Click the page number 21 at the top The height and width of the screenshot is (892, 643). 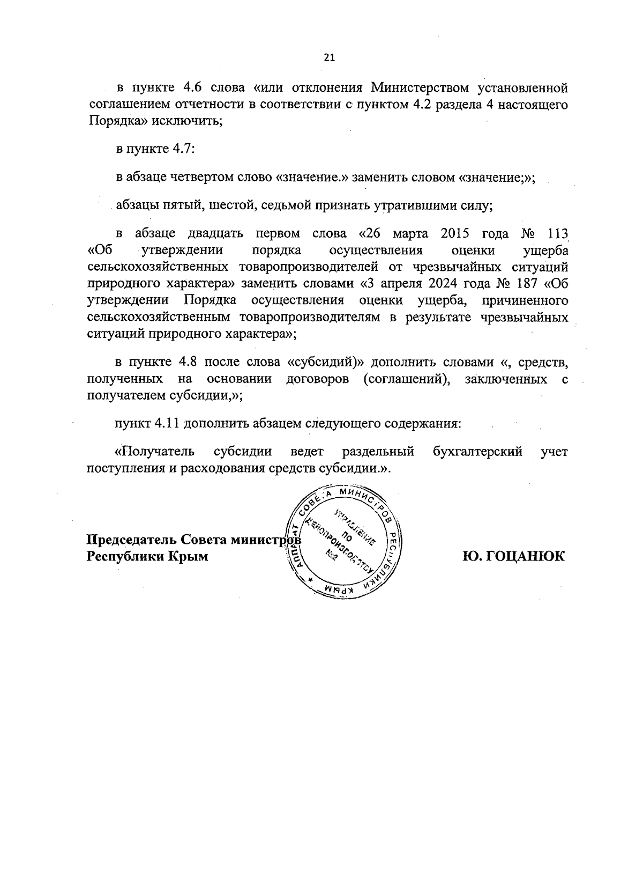(329, 58)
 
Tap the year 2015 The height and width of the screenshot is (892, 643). (454, 234)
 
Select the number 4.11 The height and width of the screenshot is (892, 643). (165, 423)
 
